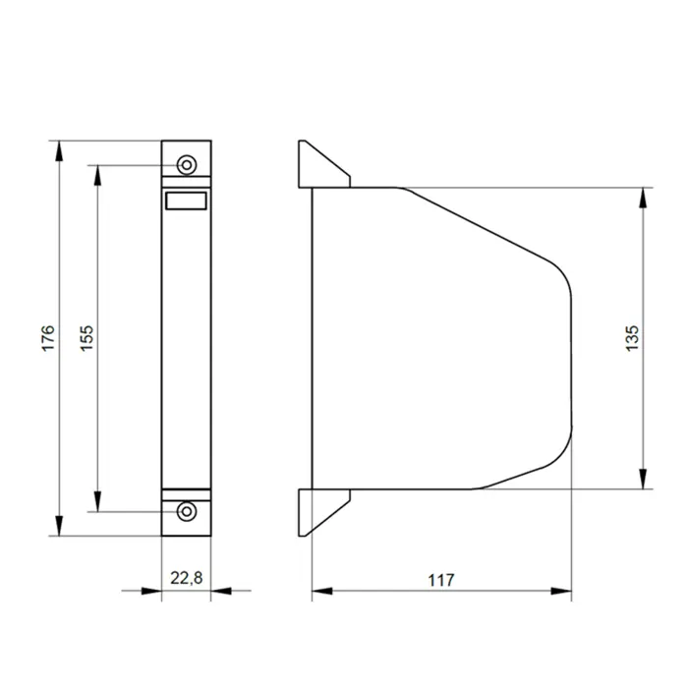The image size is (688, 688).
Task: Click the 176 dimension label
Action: (x=48, y=338)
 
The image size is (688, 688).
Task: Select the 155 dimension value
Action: (x=86, y=338)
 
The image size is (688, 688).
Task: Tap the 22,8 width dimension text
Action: (x=187, y=578)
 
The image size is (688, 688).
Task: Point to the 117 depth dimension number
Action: (x=441, y=580)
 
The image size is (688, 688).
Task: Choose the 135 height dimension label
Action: (x=632, y=338)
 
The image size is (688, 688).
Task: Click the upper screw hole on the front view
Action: (x=187, y=165)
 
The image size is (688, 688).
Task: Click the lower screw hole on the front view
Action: (x=187, y=511)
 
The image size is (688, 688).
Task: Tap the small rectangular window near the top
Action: (x=186, y=201)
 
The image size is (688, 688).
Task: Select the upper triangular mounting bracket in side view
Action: (x=324, y=164)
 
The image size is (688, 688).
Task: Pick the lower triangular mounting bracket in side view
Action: (x=324, y=512)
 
